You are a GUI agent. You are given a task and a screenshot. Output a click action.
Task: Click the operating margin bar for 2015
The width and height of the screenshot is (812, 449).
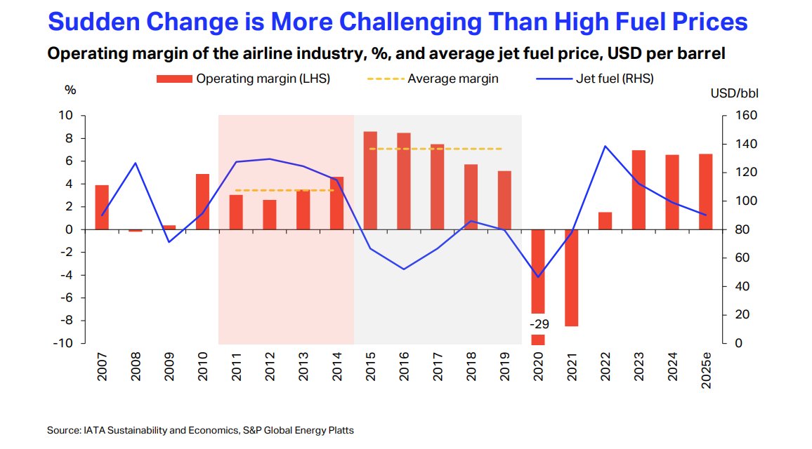(370, 180)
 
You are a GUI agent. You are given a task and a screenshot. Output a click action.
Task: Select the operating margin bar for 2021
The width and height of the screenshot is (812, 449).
(571, 278)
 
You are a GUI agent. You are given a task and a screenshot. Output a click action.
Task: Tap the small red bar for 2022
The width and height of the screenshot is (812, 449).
(605, 220)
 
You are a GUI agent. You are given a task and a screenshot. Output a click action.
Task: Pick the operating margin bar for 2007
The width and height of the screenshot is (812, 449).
(102, 207)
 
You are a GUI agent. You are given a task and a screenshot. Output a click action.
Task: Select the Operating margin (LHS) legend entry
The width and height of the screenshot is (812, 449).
(243, 79)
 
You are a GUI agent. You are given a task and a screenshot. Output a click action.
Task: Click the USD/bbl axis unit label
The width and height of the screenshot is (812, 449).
(734, 93)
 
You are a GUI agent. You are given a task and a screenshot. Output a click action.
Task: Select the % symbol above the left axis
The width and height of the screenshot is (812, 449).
(70, 91)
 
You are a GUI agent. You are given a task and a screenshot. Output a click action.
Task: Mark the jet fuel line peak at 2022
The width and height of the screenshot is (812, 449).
(605, 146)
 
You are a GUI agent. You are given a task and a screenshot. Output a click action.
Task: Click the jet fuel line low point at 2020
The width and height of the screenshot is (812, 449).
(538, 276)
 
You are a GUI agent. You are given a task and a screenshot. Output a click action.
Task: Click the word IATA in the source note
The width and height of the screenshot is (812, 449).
(93, 429)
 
